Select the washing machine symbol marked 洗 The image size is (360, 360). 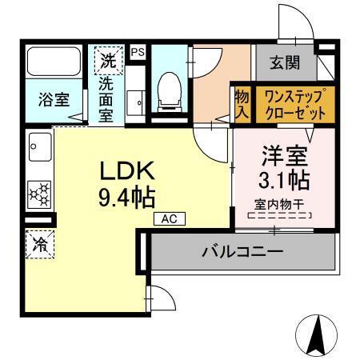tap(106, 59)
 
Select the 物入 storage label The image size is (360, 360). tap(242, 104)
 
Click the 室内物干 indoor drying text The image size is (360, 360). tap(278, 205)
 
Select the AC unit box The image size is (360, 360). tap(169, 218)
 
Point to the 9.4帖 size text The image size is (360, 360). tap(126, 196)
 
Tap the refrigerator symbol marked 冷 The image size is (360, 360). tap(39, 246)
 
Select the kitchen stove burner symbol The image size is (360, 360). tap(38, 192)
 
